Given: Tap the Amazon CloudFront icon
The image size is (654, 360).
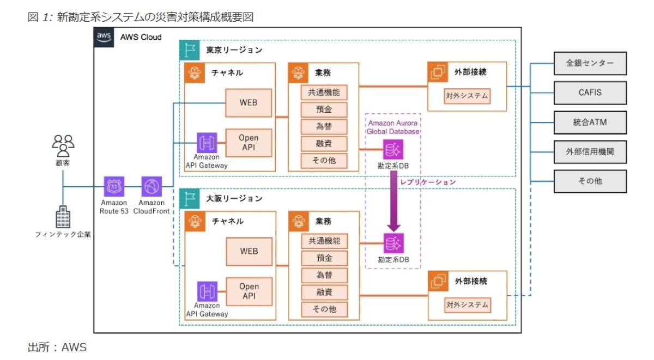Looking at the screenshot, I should click(151, 187).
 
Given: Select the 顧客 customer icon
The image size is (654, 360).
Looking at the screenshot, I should click(63, 144).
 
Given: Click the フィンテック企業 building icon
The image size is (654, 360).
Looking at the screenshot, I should click(63, 217).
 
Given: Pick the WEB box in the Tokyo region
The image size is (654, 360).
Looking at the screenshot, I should click(249, 102).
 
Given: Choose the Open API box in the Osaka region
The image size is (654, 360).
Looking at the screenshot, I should click(249, 291).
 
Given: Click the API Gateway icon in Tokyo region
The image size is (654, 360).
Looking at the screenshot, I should click(207, 143).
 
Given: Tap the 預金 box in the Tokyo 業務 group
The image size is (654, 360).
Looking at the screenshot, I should click(324, 109).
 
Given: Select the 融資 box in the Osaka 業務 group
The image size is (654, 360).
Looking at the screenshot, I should click(324, 292).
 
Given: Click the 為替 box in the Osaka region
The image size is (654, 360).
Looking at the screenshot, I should click(324, 275).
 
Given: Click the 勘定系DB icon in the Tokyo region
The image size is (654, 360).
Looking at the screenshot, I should click(393, 149).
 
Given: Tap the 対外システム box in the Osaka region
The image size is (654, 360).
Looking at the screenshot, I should click(467, 304).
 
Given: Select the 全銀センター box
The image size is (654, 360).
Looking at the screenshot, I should click(590, 63).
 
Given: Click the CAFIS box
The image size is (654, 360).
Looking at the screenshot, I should click(590, 93).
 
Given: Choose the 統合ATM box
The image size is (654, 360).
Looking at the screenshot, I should click(590, 122).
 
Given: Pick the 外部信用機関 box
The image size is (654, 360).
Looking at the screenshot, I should click(590, 151).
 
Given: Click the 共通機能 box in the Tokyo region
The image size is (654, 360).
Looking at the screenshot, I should click(324, 93).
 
